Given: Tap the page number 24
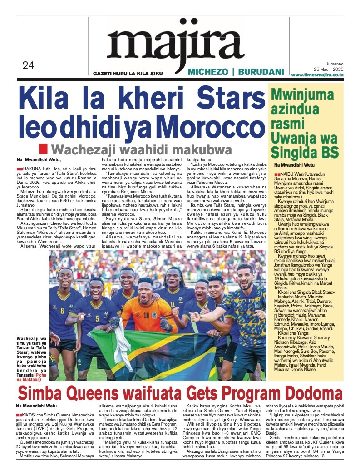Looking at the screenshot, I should pos(28,65).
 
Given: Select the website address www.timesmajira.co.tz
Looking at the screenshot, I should pos(317,74).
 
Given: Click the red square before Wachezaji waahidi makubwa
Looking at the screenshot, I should pos(43,149).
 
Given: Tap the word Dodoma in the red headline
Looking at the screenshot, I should pos(309,393).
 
